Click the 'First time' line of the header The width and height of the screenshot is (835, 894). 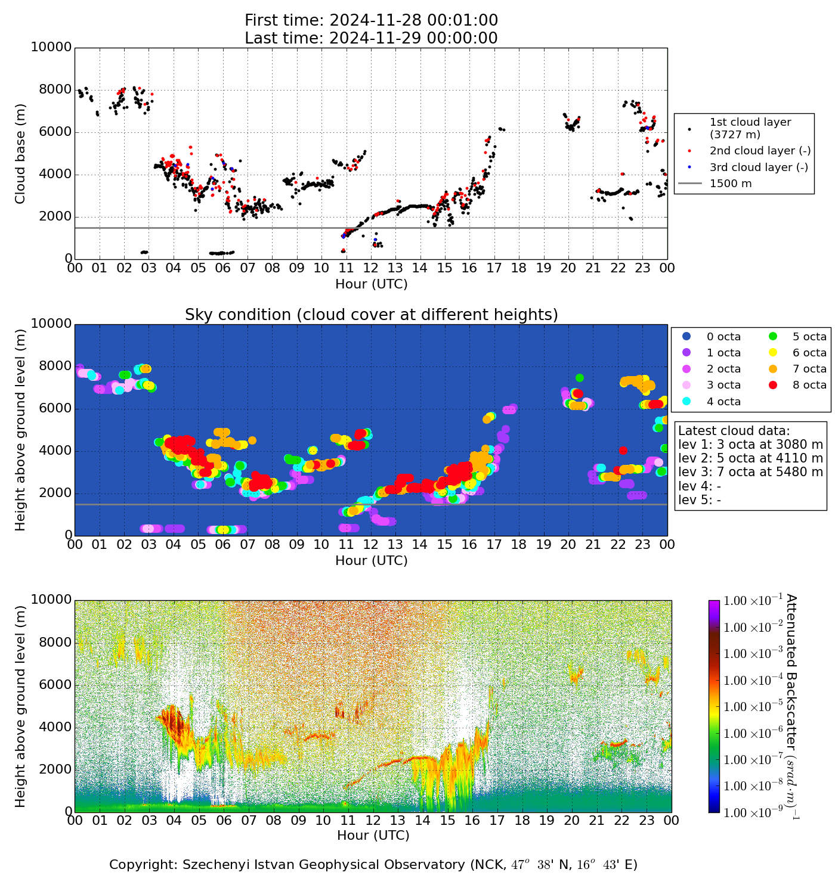click(371, 20)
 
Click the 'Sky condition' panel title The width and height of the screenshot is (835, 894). click(371, 315)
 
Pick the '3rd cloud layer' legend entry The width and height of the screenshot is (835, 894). click(758, 167)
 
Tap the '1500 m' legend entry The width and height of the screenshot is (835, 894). click(730, 184)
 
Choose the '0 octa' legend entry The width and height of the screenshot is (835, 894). click(723, 337)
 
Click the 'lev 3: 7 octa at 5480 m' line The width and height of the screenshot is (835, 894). click(750, 473)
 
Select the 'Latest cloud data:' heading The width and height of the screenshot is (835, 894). click(734, 431)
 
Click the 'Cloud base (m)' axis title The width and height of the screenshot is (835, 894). click(20, 153)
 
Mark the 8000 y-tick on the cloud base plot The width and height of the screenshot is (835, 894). click(56, 90)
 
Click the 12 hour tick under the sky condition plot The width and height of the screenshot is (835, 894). click(371, 545)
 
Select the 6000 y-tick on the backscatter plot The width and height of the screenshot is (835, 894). click(56, 685)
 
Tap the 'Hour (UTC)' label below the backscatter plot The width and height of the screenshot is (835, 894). click(373, 836)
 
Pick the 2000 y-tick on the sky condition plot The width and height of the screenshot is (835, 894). click(56, 493)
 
